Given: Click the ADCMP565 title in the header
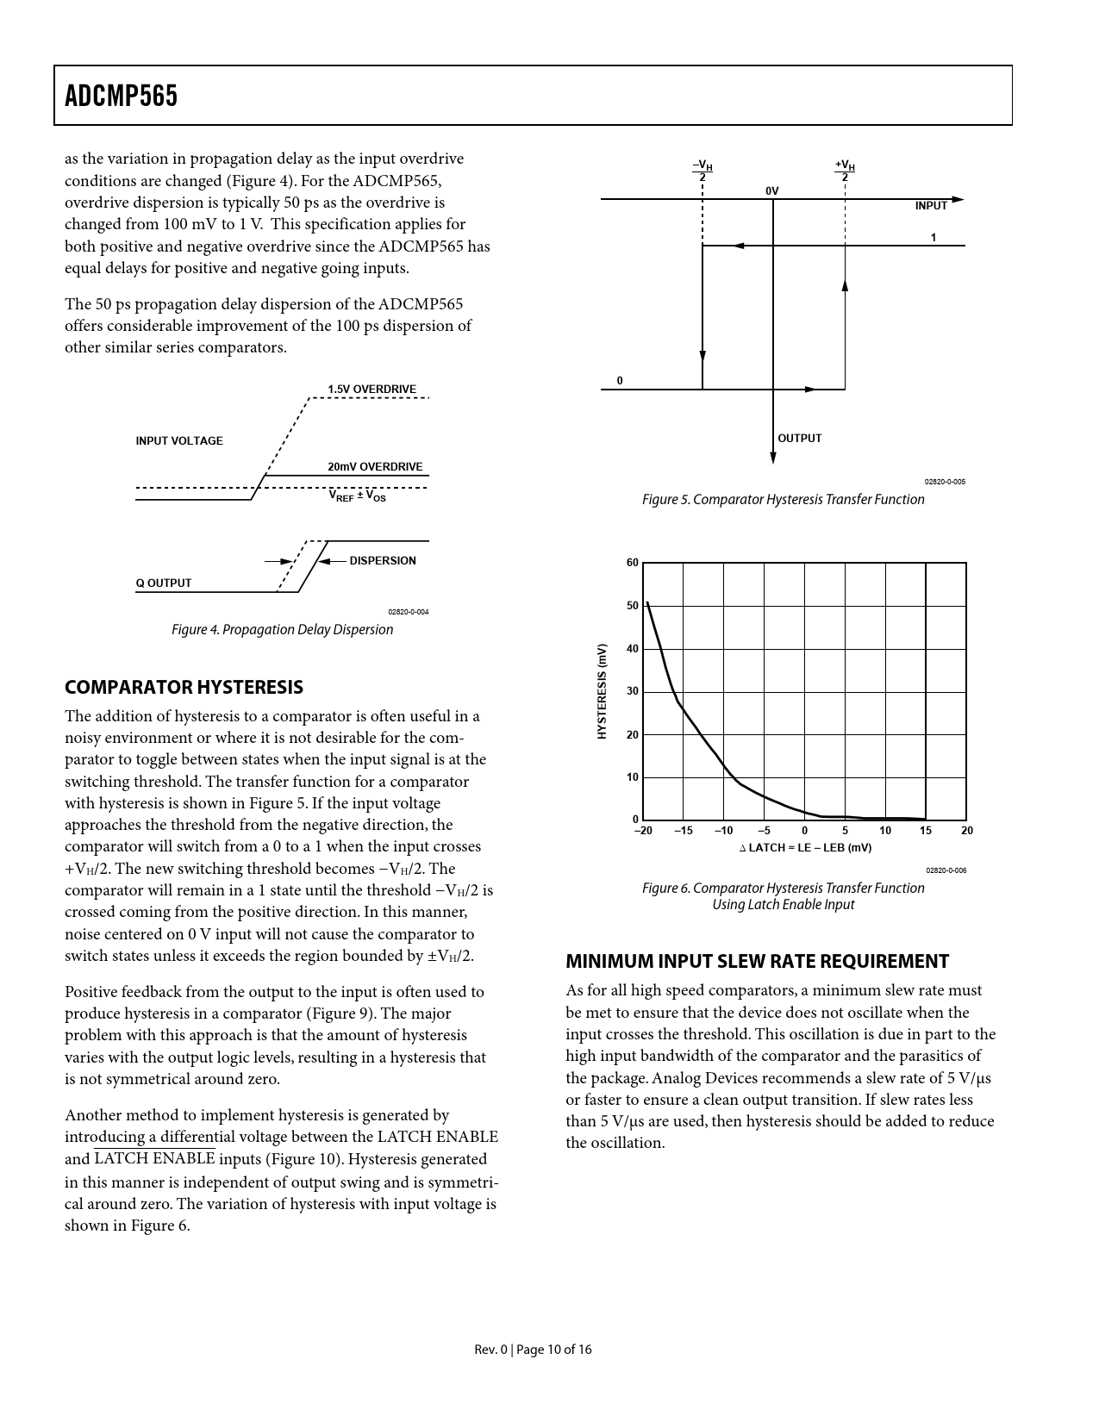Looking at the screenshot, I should click(x=122, y=96).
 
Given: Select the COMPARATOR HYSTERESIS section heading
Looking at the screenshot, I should click(x=184, y=687).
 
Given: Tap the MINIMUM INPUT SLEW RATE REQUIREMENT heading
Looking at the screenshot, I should click(x=757, y=961).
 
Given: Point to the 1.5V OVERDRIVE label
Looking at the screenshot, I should click(x=372, y=390).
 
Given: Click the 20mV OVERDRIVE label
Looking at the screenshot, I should click(x=375, y=467).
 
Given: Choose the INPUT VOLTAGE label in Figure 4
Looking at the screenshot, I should click(x=179, y=441).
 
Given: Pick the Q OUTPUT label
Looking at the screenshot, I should click(x=164, y=583).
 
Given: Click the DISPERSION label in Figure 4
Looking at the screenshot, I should click(x=383, y=561).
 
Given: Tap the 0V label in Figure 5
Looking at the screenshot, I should click(x=771, y=190).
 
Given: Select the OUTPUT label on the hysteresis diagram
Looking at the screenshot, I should click(x=800, y=439).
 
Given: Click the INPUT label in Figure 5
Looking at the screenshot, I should click(x=931, y=206).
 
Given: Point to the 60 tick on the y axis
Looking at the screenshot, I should click(x=633, y=563).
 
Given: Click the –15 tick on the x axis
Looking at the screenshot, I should click(x=683, y=831).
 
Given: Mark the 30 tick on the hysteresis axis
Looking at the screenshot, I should click(x=633, y=691).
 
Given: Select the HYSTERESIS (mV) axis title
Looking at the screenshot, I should click(x=603, y=691).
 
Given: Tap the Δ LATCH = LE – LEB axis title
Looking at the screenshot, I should click(x=805, y=848).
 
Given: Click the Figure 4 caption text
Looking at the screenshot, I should click(x=282, y=629).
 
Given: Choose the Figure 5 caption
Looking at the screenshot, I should click(x=783, y=500).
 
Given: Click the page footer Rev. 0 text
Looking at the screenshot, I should click(x=533, y=1350).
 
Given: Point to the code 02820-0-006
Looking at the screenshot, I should click(x=946, y=870).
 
